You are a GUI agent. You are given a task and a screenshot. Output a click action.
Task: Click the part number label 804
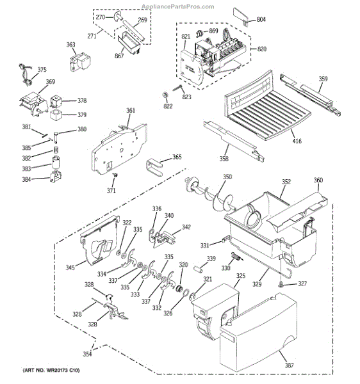(261, 20)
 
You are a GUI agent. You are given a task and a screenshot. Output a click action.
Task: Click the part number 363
(71, 45)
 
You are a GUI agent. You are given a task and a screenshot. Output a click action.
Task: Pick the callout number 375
(42, 70)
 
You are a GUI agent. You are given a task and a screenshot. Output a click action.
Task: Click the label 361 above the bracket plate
(130, 111)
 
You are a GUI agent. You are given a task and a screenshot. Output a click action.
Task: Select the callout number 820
(262, 48)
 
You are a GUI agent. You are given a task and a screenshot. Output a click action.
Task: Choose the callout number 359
(323, 79)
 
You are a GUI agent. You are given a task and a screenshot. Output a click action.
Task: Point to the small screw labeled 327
(281, 284)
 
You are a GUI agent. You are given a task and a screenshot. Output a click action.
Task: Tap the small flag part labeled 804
(240, 14)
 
